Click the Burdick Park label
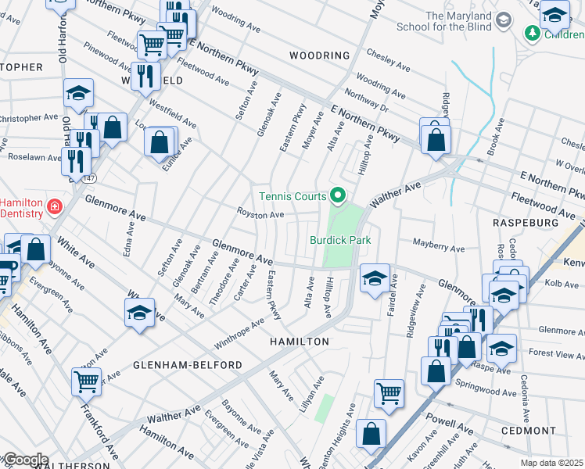339,240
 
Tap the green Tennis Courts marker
338,195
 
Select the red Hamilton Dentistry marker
54,207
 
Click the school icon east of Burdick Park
375,277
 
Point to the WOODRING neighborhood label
319,55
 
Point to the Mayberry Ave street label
439,248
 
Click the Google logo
24,460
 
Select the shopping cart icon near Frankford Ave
86,381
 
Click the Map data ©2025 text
552,463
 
